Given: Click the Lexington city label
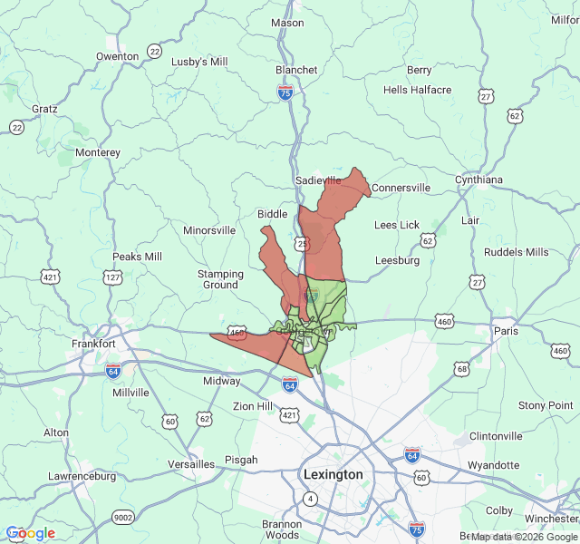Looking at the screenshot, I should (x=333, y=474).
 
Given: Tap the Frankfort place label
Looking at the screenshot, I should (x=93, y=345).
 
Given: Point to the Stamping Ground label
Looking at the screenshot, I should (x=220, y=279).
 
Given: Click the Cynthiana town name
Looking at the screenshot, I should (x=478, y=180).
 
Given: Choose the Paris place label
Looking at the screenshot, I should (x=505, y=331).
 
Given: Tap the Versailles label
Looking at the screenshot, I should (x=191, y=464).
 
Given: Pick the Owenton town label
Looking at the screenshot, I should (x=118, y=56).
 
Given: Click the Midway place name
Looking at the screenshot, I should (x=221, y=381).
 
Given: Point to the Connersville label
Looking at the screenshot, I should (x=401, y=188).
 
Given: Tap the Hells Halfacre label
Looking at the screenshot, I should (x=417, y=90).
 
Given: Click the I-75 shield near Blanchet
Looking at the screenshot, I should (x=285, y=92).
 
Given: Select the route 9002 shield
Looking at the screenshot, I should (x=122, y=517).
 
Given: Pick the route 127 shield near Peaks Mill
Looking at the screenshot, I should (x=113, y=277).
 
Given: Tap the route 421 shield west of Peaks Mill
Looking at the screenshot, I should (x=51, y=276).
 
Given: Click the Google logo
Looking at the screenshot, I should (x=31, y=533).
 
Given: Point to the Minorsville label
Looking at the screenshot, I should (x=209, y=230).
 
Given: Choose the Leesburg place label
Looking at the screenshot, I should (x=398, y=260).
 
